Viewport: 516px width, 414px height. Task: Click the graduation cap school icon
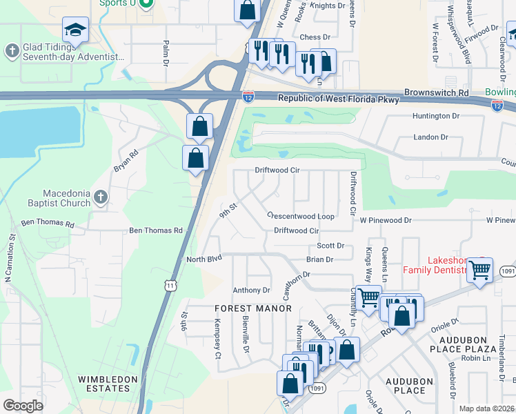(75, 30)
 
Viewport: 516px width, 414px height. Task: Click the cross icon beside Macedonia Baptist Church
(101, 197)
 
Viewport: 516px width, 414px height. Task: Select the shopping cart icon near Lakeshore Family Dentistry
(479, 268)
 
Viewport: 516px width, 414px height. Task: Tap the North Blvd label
(204, 259)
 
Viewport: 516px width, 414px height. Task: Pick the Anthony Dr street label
(251, 290)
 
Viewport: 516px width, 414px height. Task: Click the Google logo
(23, 406)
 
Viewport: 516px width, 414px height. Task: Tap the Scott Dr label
(330, 246)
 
